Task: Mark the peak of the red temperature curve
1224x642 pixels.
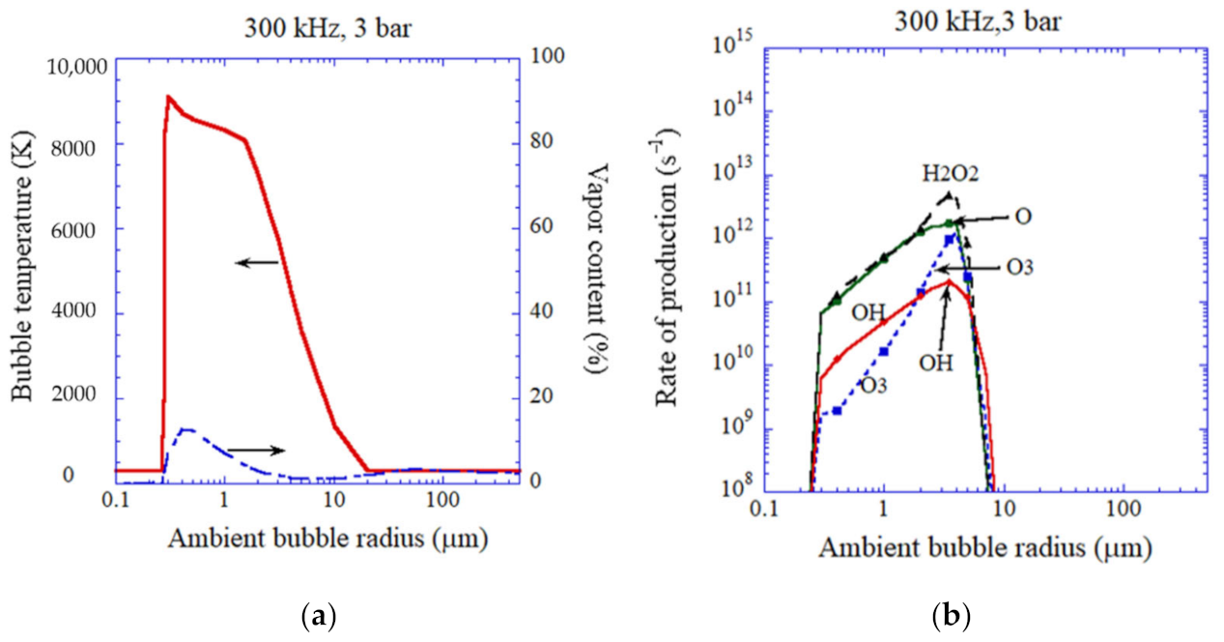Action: (x=168, y=97)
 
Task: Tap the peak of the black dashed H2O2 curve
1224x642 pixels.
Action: (x=950, y=194)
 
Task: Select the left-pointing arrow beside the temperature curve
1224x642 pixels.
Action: (x=256, y=262)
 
